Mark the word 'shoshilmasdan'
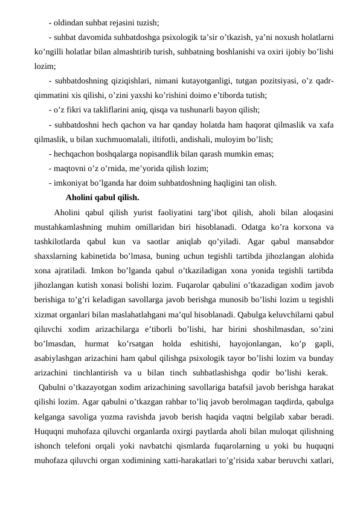tap(273, 329)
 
